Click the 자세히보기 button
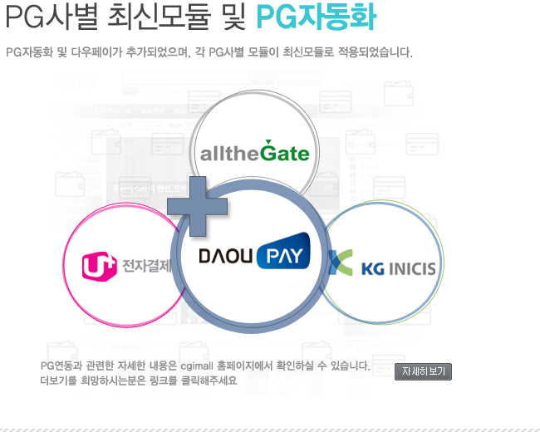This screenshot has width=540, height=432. click(x=423, y=371)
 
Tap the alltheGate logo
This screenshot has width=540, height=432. click(x=254, y=151)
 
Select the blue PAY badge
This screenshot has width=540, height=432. click(x=283, y=251)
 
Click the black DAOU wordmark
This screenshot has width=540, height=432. click(x=226, y=256)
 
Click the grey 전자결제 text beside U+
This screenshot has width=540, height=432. click(x=147, y=265)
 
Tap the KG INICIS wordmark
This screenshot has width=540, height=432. click(x=399, y=269)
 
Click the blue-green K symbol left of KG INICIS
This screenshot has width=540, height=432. click(x=341, y=263)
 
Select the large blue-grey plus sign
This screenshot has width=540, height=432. click(x=198, y=206)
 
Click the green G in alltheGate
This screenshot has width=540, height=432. click(x=269, y=151)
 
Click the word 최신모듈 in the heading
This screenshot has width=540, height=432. click(x=159, y=17)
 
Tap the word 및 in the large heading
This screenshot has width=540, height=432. click(x=233, y=17)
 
